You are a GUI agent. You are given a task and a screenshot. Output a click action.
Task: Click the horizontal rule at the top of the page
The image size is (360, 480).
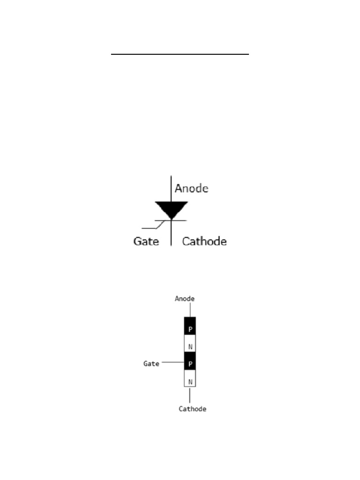coord(180,54)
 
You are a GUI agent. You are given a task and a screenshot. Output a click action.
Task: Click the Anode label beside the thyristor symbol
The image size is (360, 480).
coord(191,188)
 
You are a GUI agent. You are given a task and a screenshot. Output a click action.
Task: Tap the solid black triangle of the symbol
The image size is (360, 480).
coord(172,209)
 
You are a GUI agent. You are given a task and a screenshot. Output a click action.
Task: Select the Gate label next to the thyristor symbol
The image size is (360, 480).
coord(146,241)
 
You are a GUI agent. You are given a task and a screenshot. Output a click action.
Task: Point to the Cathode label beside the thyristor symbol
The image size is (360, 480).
coord(204,241)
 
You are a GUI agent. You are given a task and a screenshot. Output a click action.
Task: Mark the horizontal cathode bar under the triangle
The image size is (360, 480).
coord(180,220)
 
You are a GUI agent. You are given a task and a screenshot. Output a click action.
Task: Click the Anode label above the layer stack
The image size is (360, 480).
coord(185,299)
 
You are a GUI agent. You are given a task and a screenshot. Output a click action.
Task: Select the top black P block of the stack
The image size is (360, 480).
coord(190,326)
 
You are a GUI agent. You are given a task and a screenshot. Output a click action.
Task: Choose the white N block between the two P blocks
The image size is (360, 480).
coord(190,344)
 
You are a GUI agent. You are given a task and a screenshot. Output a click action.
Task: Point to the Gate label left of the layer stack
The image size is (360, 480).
coord(151,363)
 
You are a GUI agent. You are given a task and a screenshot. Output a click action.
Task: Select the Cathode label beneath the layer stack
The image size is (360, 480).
coord(192,409)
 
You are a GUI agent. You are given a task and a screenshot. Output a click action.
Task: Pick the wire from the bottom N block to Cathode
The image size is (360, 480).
coord(190,395)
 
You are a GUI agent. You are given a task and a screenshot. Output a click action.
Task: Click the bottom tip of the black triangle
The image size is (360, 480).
coord(172,219)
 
